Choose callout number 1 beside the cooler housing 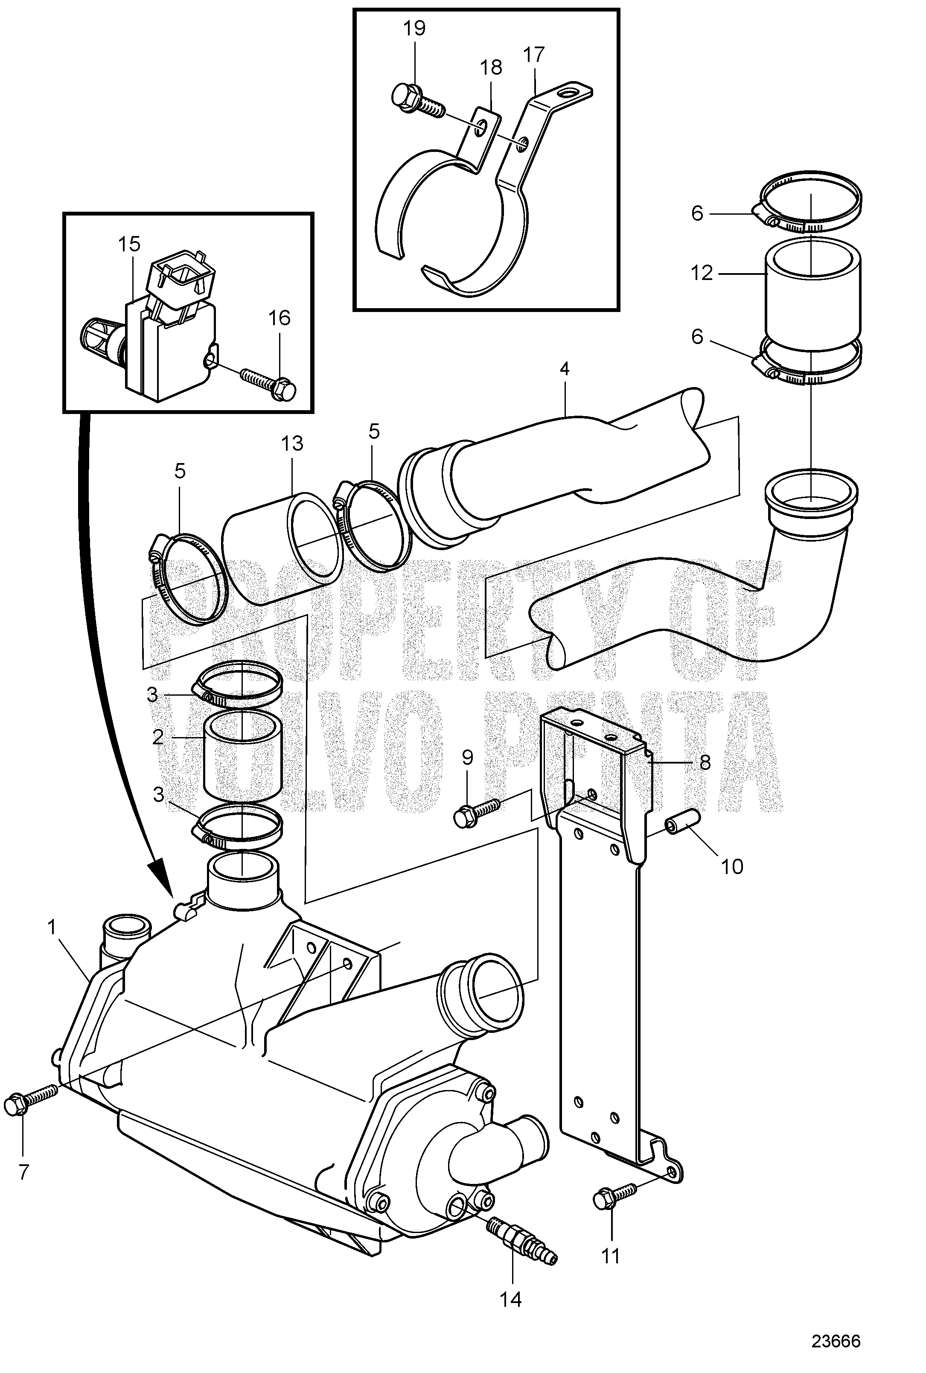(x=52, y=928)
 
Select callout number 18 (x=491, y=67)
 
